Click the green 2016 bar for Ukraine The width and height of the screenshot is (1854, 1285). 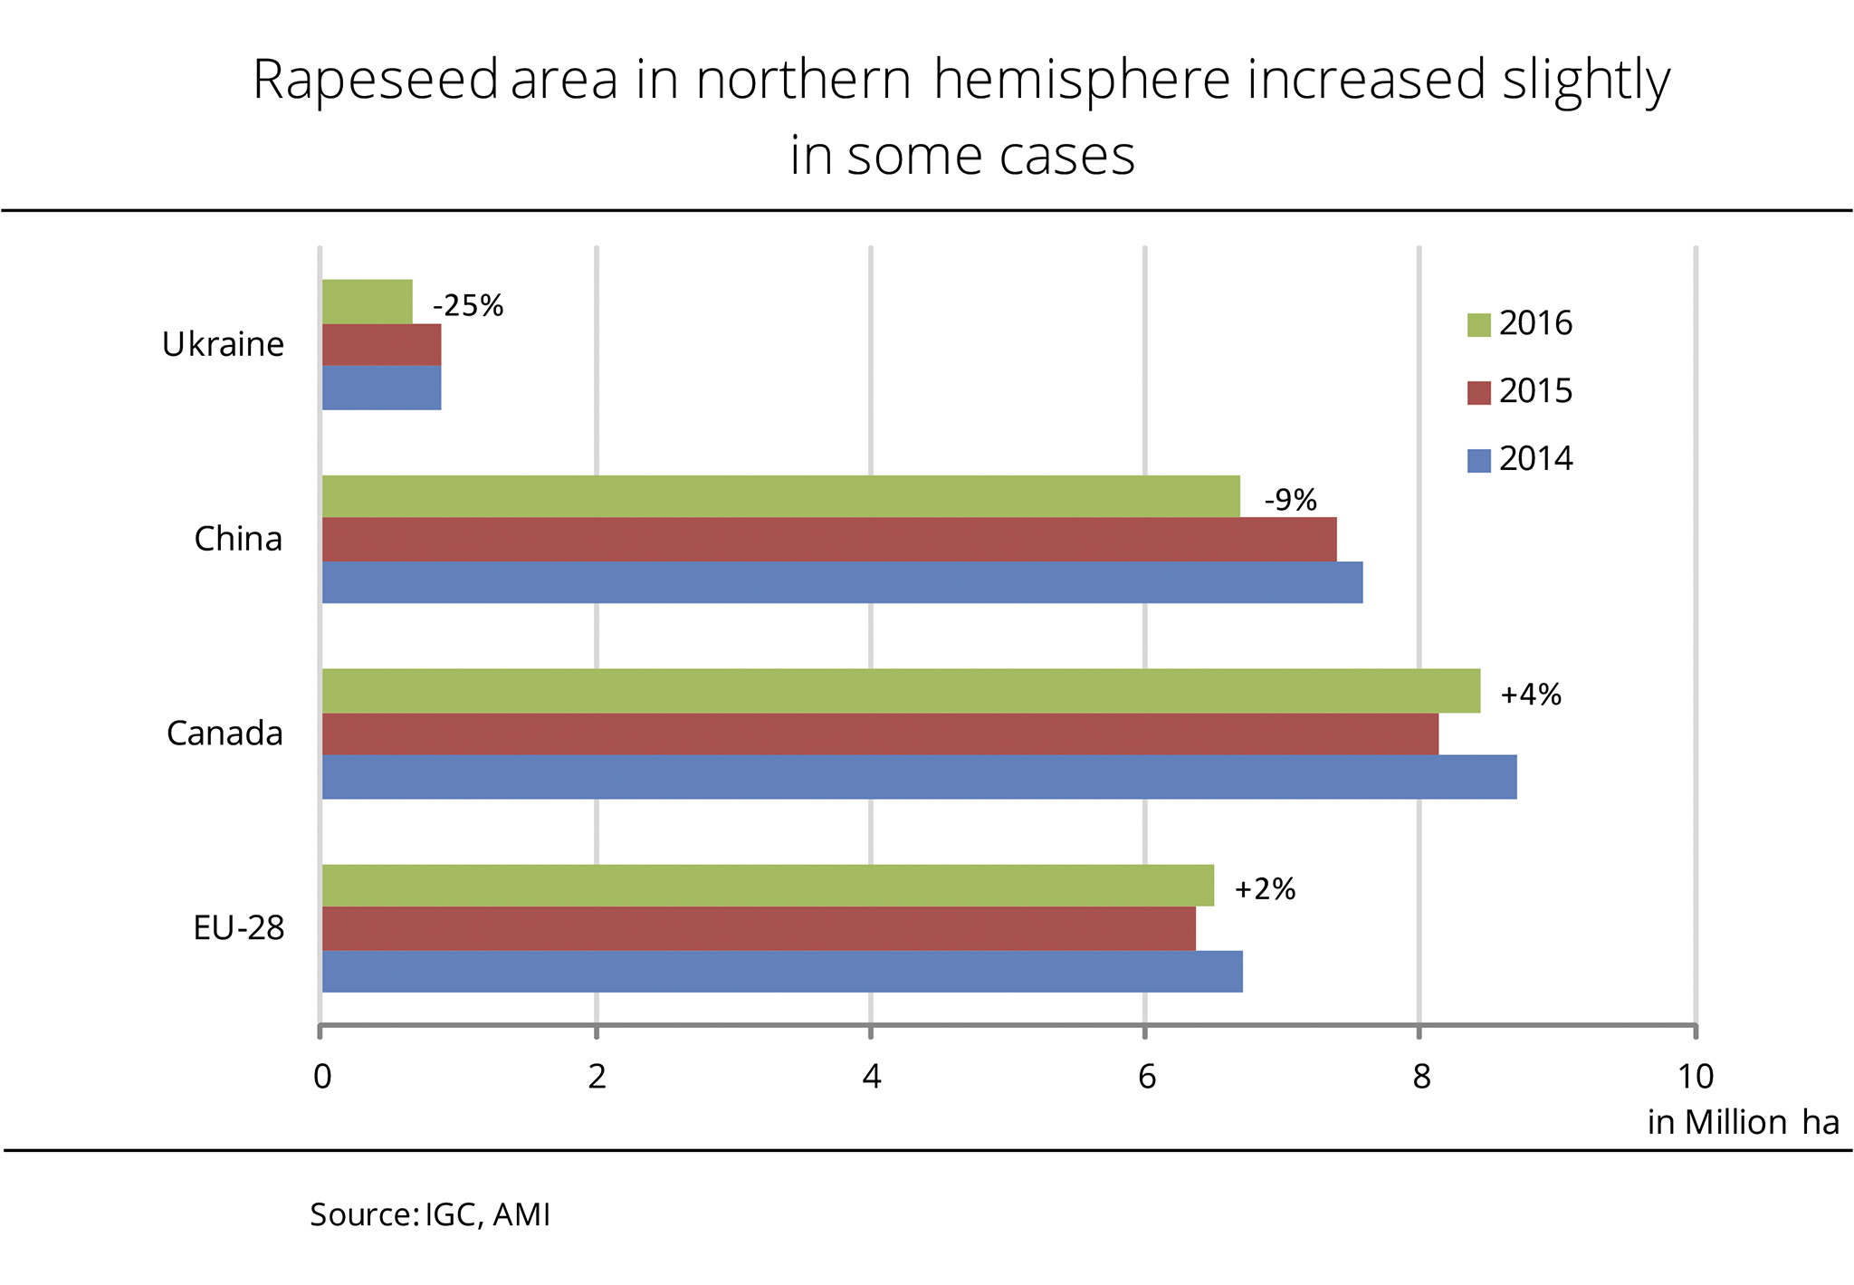point(368,302)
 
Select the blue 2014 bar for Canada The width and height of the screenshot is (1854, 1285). point(919,777)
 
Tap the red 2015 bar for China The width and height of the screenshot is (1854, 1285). point(828,540)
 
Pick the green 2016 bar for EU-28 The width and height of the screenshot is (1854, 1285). point(768,886)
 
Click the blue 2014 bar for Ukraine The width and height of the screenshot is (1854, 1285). point(382,388)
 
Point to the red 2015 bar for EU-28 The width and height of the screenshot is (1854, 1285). point(759,928)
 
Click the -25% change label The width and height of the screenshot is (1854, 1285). point(468,306)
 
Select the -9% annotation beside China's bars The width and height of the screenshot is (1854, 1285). point(1290,500)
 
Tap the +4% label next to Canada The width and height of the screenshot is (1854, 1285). point(1531,695)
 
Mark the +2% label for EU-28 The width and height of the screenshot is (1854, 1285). point(1265,889)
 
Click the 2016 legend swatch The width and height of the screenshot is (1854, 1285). point(1478,324)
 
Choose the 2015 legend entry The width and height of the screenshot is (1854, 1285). point(1521,391)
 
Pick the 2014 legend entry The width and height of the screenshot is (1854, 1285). point(1521,459)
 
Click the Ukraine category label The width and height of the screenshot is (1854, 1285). point(223,345)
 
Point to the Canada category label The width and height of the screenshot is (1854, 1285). point(225,734)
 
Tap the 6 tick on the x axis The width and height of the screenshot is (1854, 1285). point(1146,1077)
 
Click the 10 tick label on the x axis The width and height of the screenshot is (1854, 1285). point(1695,1077)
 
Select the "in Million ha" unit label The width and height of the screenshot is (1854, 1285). point(1743,1123)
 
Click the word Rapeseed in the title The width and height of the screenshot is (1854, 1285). point(375,80)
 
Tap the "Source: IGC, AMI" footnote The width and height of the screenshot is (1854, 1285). point(430,1214)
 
